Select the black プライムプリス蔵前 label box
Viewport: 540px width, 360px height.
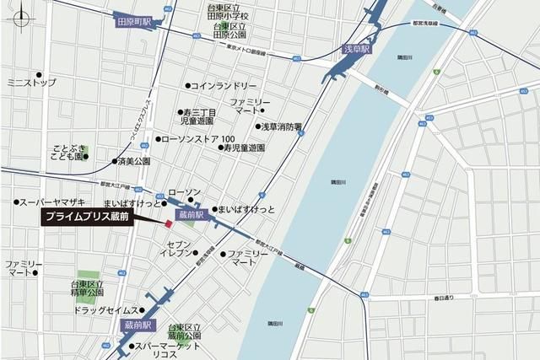coord(100,218)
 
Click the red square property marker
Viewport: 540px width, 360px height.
coord(168,224)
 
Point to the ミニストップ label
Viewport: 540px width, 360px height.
coord(31,83)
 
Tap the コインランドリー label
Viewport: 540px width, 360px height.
coord(224,86)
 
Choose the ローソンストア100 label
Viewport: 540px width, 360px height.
coord(202,138)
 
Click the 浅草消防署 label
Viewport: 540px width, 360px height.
coord(281,127)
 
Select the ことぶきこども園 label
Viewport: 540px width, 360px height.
coord(65,152)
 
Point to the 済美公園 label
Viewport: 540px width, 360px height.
coord(133,160)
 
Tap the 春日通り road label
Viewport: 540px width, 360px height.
coord(444,298)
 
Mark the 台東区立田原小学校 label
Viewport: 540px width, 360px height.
coord(228,11)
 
